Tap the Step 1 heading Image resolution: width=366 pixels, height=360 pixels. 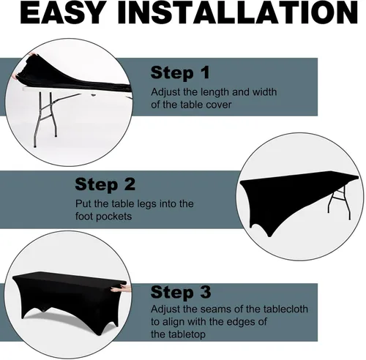(x=180, y=72)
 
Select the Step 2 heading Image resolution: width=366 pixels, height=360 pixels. (x=105, y=184)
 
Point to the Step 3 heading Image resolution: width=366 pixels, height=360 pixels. (x=181, y=292)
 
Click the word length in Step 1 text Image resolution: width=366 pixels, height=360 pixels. (x=215, y=92)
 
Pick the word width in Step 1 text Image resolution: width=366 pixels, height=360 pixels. (x=264, y=92)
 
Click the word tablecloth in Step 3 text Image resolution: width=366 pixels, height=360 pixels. (x=285, y=309)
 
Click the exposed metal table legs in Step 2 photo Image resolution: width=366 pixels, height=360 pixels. (x=340, y=203)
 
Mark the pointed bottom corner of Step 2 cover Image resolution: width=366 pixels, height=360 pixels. (x=269, y=236)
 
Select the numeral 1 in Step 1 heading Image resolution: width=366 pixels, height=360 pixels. (x=204, y=72)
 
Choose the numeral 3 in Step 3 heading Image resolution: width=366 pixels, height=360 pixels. (x=205, y=292)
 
